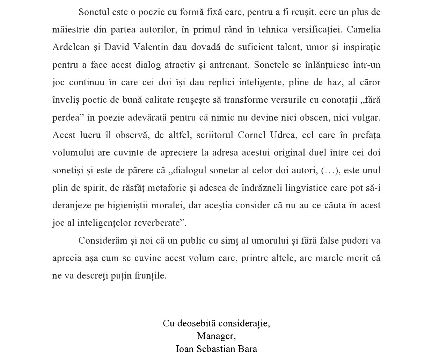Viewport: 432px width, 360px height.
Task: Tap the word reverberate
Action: pyautogui.click(x=159, y=223)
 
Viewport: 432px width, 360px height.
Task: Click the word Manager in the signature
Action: pyautogui.click(x=216, y=336)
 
